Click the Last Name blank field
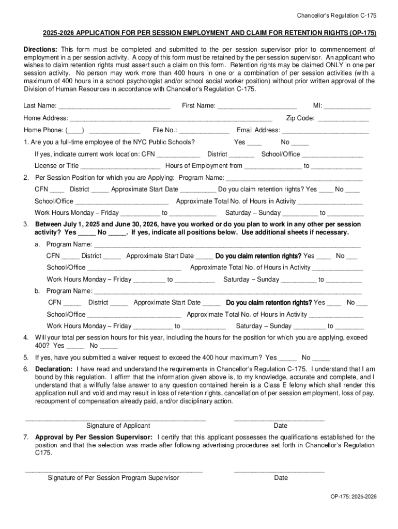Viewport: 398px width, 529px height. [x=114, y=106]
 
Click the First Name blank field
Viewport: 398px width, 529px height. [x=257, y=106]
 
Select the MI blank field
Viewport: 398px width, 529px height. [x=347, y=106]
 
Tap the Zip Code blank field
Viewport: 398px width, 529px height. [x=343, y=119]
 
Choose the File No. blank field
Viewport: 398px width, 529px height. [x=204, y=131]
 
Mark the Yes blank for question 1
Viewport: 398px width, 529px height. [x=254, y=143]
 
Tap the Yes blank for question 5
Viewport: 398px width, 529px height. [x=288, y=358]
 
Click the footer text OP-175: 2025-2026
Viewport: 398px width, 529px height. [x=354, y=496]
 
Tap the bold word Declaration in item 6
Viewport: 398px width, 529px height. [x=54, y=369]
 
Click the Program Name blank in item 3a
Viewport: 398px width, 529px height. [x=227, y=245]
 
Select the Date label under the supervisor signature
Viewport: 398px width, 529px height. [x=281, y=478]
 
